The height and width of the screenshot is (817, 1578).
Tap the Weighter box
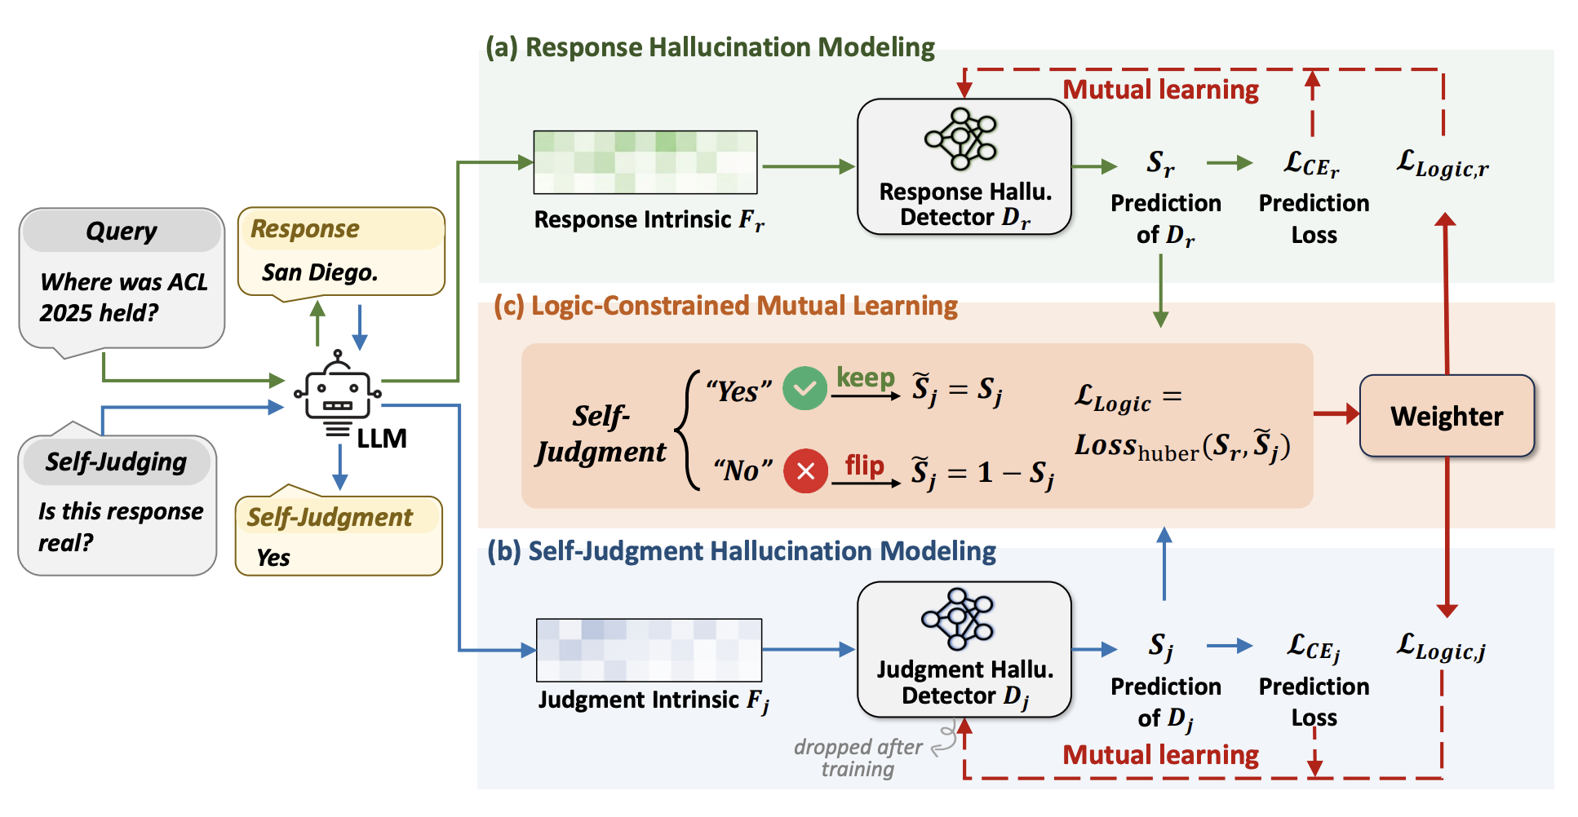(x=1447, y=416)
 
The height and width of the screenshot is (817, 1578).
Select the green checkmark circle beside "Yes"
(x=805, y=389)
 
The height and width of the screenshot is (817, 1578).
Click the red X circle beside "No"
(x=805, y=470)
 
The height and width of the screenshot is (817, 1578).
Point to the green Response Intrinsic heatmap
(x=645, y=162)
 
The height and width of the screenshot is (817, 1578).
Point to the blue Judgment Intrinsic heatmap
(x=649, y=650)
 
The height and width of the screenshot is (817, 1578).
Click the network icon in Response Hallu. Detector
(x=962, y=139)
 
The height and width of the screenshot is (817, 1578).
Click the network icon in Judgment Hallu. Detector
(x=959, y=618)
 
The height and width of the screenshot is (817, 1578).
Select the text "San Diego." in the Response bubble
(x=320, y=272)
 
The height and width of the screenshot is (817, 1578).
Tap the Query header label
(x=122, y=232)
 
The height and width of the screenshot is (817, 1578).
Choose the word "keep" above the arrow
(x=866, y=378)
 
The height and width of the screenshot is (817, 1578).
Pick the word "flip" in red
(x=865, y=466)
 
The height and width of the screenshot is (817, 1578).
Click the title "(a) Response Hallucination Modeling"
(x=710, y=47)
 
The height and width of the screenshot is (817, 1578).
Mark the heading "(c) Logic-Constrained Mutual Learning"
(x=725, y=306)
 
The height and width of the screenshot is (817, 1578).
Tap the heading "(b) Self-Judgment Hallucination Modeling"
(x=741, y=551)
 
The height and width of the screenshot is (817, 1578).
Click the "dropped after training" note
(x=858, y=758)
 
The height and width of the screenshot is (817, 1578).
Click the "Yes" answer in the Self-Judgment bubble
(x=273, y=558)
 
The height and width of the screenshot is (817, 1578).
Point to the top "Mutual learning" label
(x=1160, y=90)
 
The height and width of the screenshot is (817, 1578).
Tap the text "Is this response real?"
(x=120, y=527)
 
